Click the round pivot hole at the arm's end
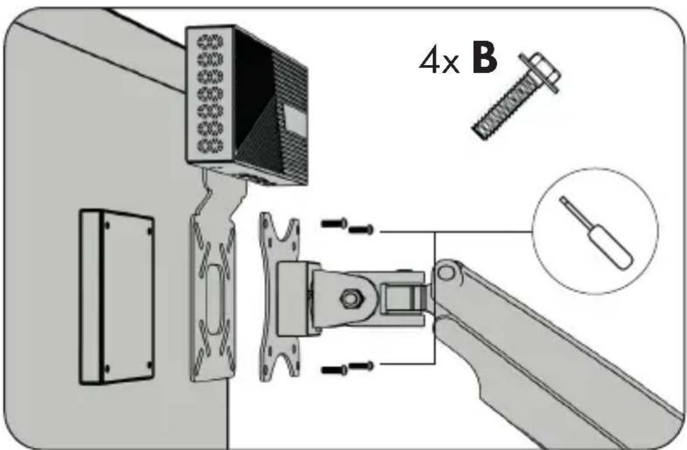coord(446,272)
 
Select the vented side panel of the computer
coord(211,96)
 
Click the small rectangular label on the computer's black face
coord(296,119)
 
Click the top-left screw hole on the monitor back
coord(107,226)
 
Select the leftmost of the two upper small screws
coord(334,223)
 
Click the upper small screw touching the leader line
coord(362,229)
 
